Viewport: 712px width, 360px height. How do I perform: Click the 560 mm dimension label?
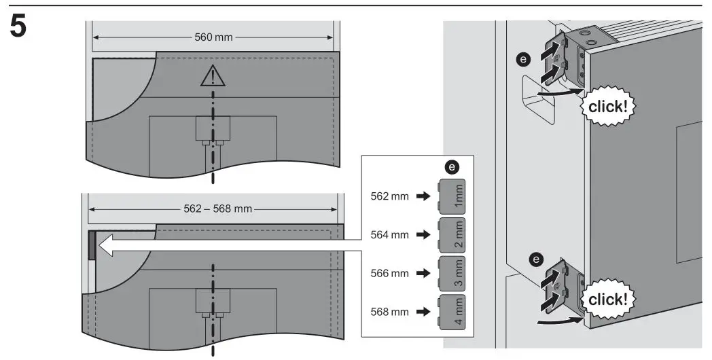(x=213, y=36)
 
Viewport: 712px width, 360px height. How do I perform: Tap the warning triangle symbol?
(x=212, y=75)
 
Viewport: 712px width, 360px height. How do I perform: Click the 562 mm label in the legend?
(x=391, y=196)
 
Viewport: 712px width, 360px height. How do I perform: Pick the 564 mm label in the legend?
(x=391, y=235)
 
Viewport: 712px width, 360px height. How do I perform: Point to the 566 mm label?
(x=391, y=274)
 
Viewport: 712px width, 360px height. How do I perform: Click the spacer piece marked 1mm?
(x=452, y=196)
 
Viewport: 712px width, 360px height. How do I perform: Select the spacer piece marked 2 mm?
(x=452, y=235)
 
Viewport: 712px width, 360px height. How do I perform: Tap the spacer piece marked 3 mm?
(x=452, y=274)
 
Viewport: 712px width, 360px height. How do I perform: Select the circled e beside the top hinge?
(x=522, y=60)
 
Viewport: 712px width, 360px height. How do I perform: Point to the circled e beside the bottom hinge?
(x=536, y=259)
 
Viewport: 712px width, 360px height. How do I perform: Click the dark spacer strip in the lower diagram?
(x=91, y=246)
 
